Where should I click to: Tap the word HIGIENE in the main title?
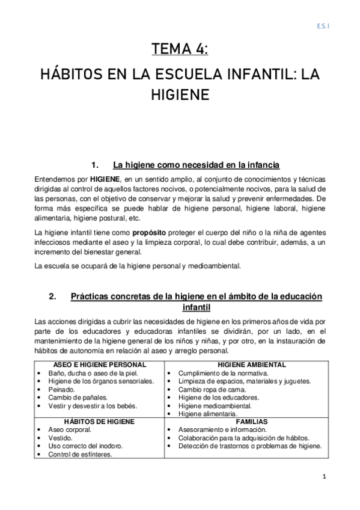[180, 96]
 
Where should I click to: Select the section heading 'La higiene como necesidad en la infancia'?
[196, 165]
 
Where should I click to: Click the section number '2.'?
[52, 296]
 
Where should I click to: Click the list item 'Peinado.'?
[63, 389]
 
